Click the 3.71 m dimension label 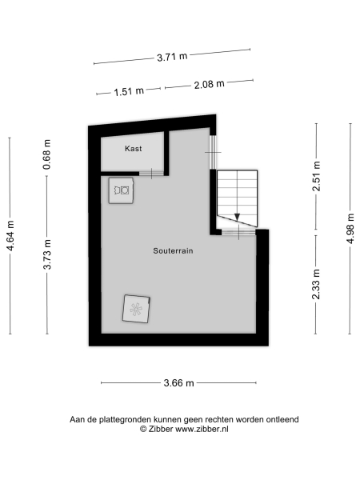172,57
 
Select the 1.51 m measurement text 129,91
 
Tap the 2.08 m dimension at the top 209,84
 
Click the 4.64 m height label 10,236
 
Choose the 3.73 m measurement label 47,255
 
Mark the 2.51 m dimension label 317,178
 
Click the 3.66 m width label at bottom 179,383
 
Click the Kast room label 133,149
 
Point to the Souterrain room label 174,250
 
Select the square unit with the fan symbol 137,309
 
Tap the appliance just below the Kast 122,190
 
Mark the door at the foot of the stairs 235,232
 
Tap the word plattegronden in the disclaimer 126,419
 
